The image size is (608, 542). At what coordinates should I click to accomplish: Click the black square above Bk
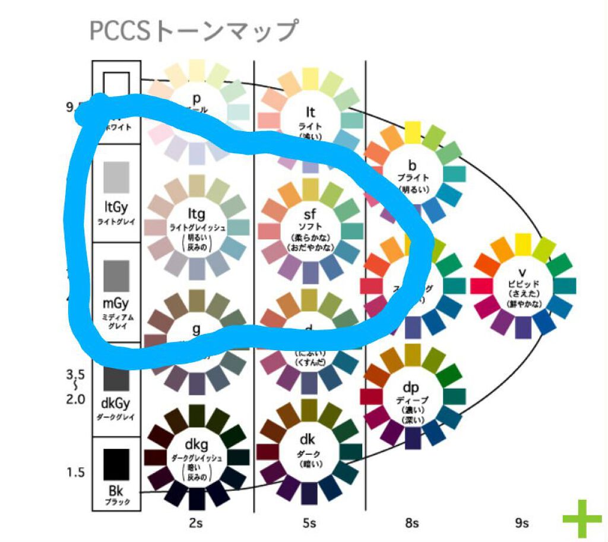click(x=116, y=464)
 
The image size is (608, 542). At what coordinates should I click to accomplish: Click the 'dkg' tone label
click(x=196, y=445)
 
